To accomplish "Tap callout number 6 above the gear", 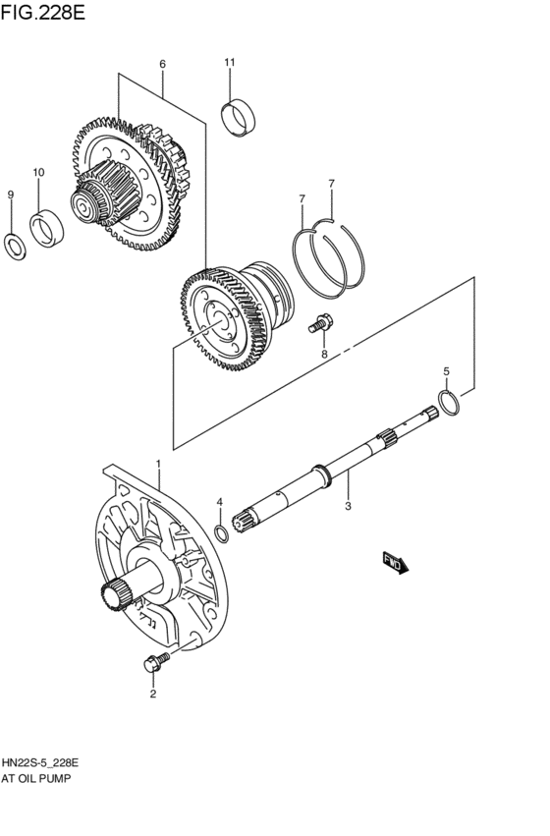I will click(162, 64).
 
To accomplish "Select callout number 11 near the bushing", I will click(229, 63).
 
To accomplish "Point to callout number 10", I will click(39, 172).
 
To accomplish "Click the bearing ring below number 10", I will click(45, 229).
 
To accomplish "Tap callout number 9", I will click(11, 195).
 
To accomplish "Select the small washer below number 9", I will click(16, 246).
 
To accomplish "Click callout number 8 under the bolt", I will click(322, 354).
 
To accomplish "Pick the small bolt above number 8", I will click(320, 320).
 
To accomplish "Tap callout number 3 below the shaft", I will click(348, 507).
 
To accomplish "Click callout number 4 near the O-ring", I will click(220, 502).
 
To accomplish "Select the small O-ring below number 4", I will click(223, 533).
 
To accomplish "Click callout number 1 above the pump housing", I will click(157, 462).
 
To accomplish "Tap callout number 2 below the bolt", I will click(153, 695).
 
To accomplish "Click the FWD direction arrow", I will click(396, 562).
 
